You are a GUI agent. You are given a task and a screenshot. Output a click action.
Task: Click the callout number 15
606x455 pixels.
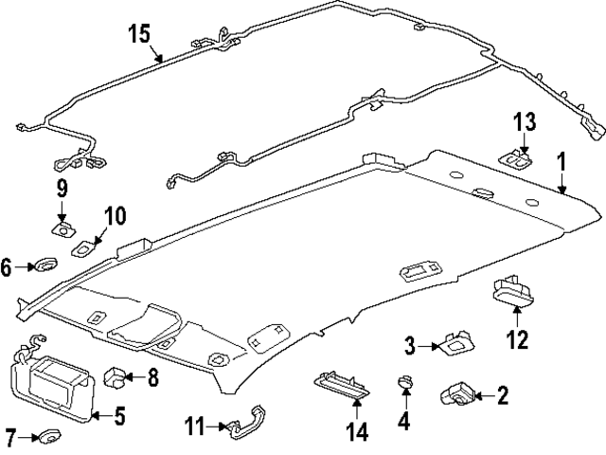[x=139, y=34]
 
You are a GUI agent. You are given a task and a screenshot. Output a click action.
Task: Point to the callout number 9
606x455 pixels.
[x=62, y=187]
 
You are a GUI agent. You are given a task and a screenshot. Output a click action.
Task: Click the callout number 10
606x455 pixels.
[x=114, y=217]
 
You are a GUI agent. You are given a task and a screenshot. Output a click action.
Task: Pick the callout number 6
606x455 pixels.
[x=7, y=268]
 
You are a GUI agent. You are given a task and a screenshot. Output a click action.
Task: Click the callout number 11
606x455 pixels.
[x=193, y=428]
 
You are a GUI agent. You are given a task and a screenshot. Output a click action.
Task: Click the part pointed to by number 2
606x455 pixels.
[x=457, y=393]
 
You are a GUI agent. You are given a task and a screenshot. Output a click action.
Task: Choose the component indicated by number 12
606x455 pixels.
[x=513, y=289]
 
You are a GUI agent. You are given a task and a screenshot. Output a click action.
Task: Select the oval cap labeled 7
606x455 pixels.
[x=47, y=437]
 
